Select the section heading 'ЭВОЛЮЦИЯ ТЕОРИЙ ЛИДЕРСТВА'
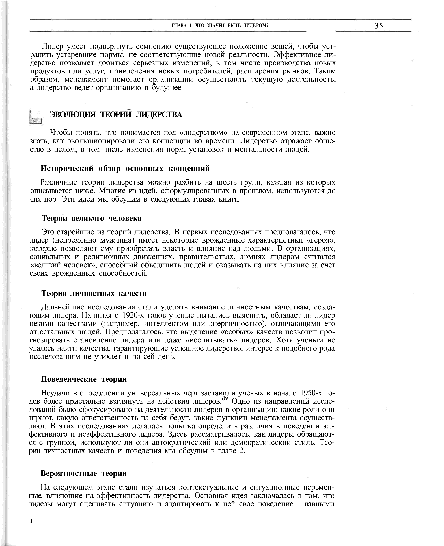[x=116, y=115]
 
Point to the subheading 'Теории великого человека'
[x=91, y=218]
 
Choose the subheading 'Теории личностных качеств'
[x=94, y=293]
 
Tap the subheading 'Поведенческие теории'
[x=84, y=379]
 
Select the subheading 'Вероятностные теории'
[x=84, y=473]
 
